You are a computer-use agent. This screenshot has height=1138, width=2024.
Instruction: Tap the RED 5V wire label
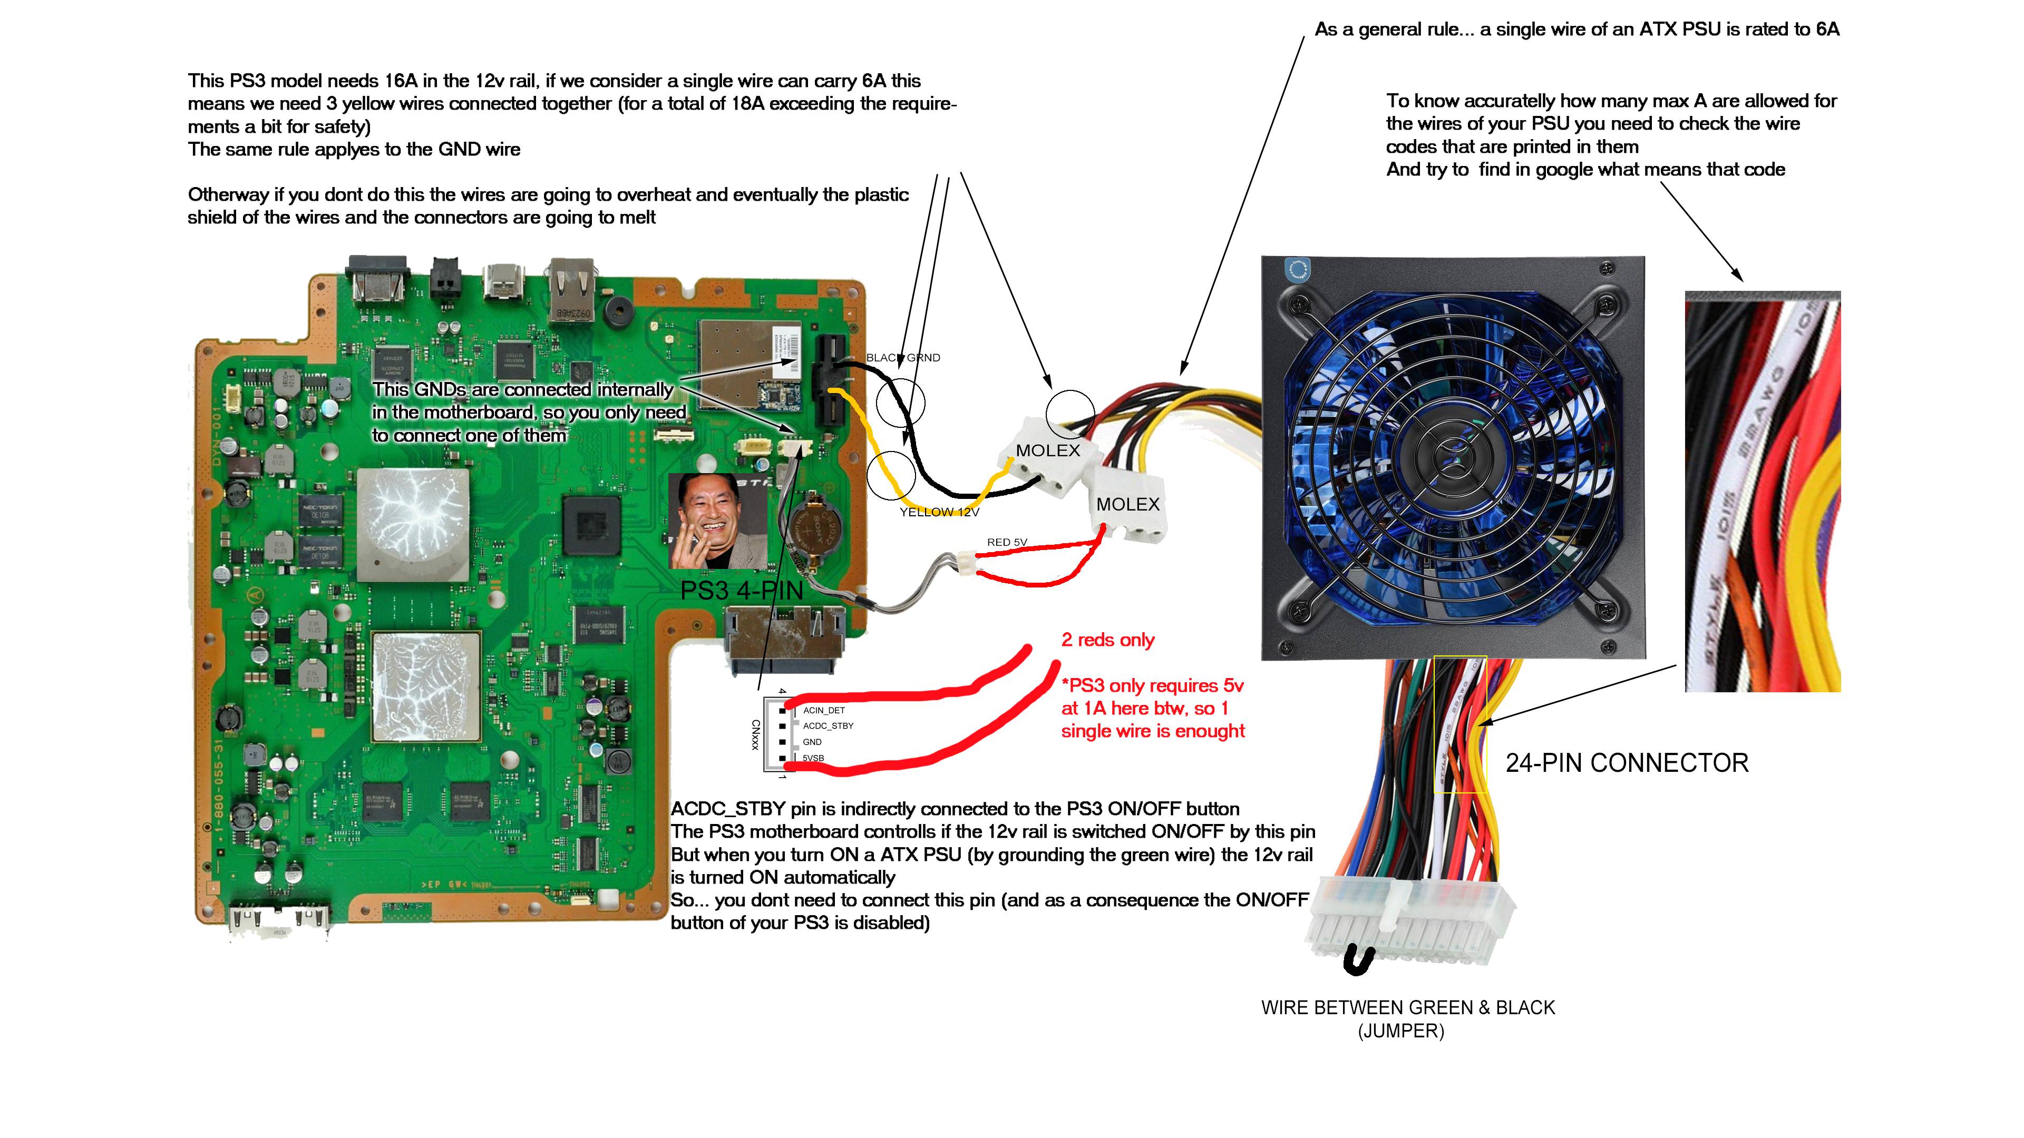[x=1007, y=542]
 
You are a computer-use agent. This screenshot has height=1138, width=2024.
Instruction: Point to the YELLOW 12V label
[x=939, y=512]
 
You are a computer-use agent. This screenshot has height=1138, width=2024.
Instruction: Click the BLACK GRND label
[x=903, y=357]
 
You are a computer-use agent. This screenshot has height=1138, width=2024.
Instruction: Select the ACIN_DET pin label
[x=823, y=710]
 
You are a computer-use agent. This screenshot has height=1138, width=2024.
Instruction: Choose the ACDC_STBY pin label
[x=828, y=725]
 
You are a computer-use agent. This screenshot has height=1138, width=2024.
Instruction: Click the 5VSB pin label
[x=813, y=758]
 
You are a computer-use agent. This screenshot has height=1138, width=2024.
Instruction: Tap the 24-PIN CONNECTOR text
[x=1627, y=762]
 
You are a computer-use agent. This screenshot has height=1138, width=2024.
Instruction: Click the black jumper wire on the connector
[x=1358, y=960]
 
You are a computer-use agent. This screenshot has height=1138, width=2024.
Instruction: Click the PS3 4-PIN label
[x=741, y=591]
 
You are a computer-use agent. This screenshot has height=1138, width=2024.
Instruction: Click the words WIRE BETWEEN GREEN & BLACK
[x=1407, y=1008]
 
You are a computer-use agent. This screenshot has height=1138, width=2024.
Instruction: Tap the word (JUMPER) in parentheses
[x=1401, y=1031]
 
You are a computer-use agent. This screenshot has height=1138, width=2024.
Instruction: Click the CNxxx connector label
[x=755, y=734]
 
